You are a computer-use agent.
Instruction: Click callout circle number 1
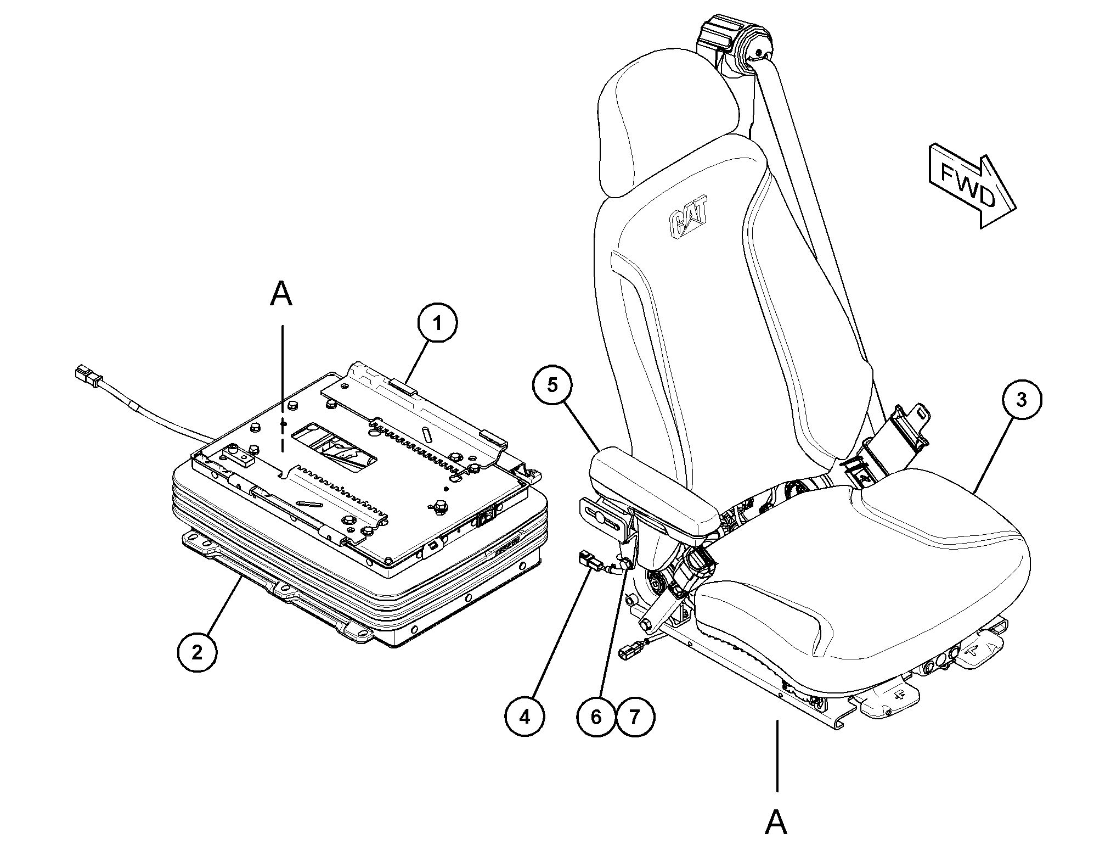pos(437,324)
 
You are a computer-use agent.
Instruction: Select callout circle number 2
pos(197,653)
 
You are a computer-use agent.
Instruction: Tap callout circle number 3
pos(1021,400)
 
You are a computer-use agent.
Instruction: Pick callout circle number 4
pos(525,717)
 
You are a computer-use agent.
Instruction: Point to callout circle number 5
pos(552,385)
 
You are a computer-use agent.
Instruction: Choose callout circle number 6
pos(596,717)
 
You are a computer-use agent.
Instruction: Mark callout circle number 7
pos(635,717)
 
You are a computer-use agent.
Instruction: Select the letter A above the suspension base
pos(281,295)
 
